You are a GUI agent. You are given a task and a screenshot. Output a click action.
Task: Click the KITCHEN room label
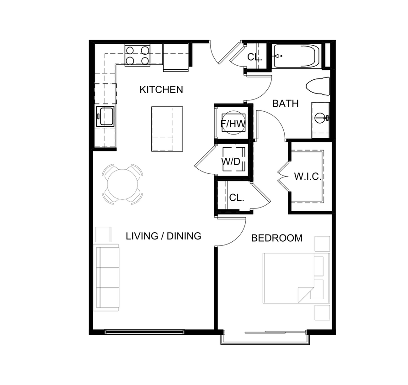tap(161, 89)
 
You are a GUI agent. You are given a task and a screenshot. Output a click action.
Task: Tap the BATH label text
tap(285, 104)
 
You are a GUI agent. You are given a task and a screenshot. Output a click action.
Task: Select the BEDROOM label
tap(277, 238)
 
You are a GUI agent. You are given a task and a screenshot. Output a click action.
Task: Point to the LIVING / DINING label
tap(163, 236)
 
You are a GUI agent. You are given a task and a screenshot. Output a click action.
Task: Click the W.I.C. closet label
tap(307, 176)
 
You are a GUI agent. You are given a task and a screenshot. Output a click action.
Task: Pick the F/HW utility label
tap(233, 123)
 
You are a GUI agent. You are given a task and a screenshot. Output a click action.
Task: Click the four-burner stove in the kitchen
tap(138, 55)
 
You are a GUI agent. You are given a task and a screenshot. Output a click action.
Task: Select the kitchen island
tap(167, 129)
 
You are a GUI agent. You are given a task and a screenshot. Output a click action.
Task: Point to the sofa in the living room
tap(106, 277)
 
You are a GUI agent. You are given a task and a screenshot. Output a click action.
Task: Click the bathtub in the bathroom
tap(297, 56)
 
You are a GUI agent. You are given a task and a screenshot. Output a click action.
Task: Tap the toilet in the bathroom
tap(318, 87)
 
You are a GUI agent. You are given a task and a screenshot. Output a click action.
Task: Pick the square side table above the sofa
tap(103, 234)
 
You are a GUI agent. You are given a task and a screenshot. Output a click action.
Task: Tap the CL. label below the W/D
tap(237, 198)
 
